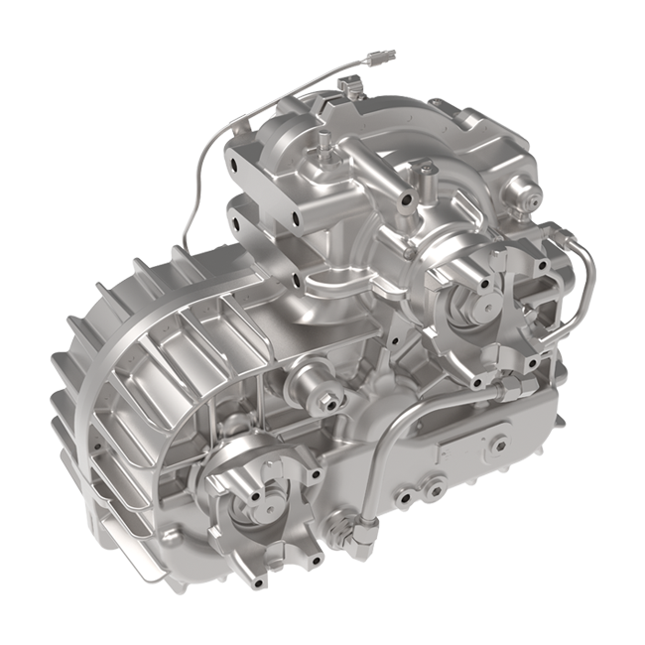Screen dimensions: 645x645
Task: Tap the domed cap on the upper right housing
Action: coord(520,186)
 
